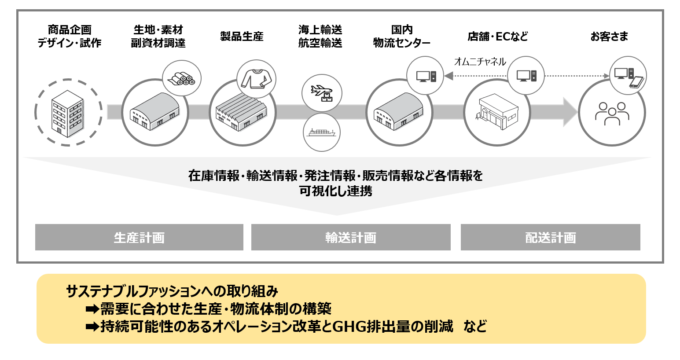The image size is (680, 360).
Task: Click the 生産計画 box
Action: [x=139, y=237]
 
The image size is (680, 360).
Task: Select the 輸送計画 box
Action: [x=351, y=237]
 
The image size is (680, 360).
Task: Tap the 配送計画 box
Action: [x=550, y=237]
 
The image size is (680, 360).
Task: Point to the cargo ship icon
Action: [x=322, y=132]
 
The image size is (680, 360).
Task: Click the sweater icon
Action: [x=256, y=79]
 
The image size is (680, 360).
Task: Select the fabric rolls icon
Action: [x=182, y=79]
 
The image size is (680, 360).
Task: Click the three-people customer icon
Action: [x=612, y=114]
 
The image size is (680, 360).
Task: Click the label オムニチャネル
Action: [x=480, y=62]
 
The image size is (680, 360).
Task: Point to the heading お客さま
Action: [x=609, y=37]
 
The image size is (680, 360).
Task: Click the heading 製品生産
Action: [x=242, y=37]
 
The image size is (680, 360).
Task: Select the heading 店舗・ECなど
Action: [x=497, y=37]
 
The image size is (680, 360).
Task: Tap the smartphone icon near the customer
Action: [x=636, y=82]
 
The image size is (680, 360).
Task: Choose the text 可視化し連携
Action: [x=336, y=191]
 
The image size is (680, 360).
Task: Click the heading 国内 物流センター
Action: [x=401, y=37]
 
